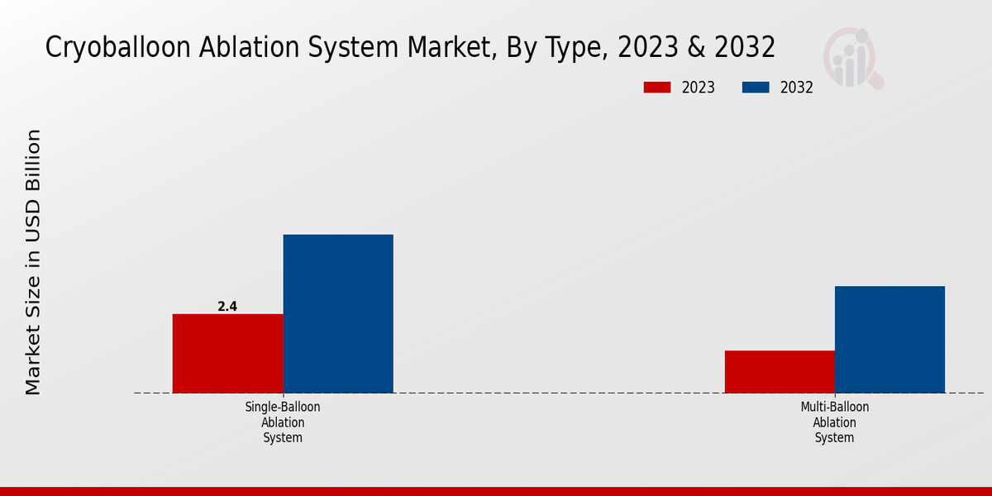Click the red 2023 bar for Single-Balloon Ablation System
227,353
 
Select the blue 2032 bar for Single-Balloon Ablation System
338,313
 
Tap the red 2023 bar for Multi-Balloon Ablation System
780,371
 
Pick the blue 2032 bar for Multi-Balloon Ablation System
889,339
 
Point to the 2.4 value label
227,307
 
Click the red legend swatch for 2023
657,88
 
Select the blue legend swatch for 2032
756,88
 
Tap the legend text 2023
699,88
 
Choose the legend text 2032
797,88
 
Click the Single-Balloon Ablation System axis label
283,422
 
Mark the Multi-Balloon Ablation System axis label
835,422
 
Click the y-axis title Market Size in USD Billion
33,261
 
